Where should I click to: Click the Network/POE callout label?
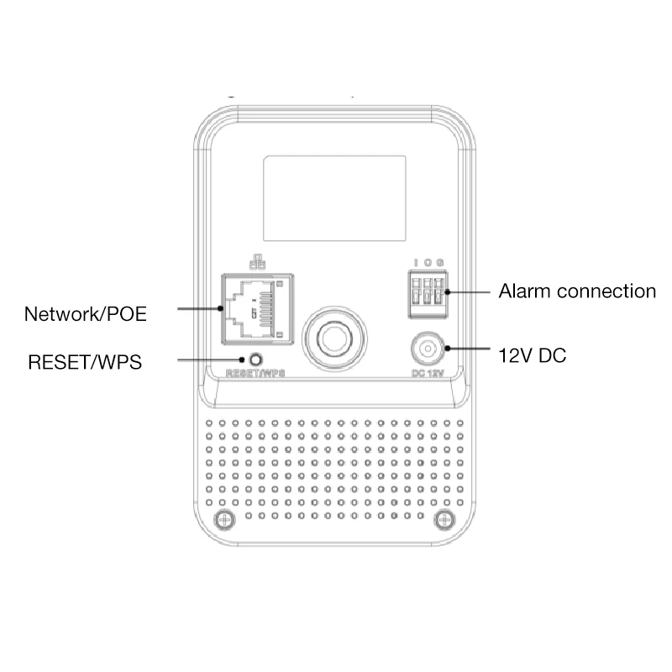coord(86,314)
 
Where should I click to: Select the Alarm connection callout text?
coord(576,291)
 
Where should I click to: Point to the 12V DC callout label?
coord(533,355)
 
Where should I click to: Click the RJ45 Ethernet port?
coord(256,308)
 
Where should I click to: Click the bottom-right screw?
coord(443,518)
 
